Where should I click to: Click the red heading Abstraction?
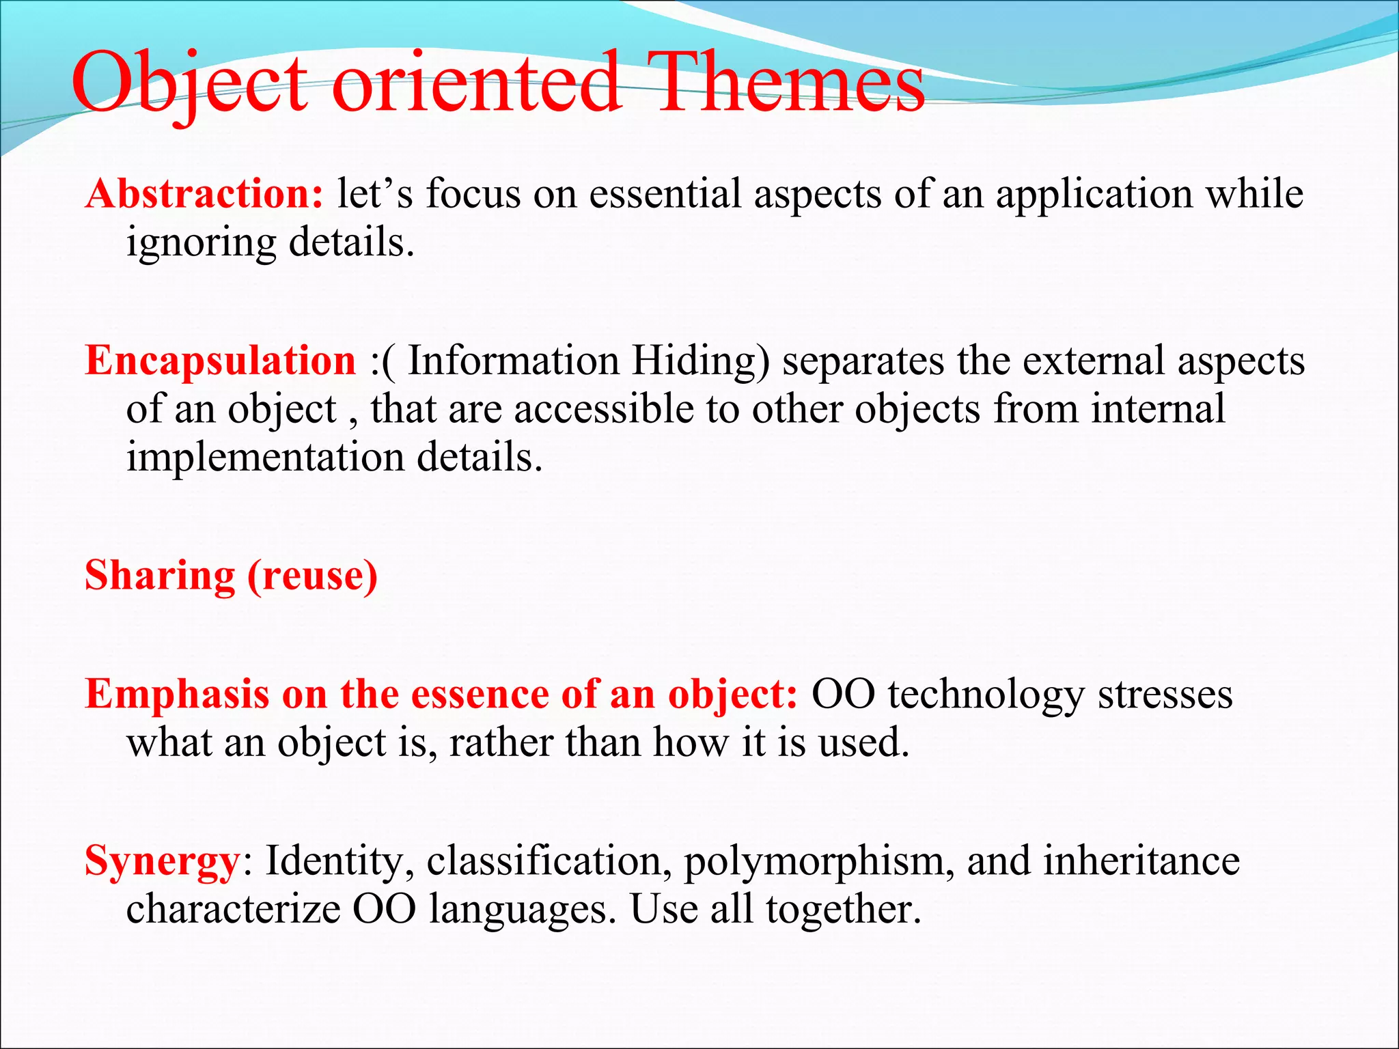pyautogui.click(x=204, y=194)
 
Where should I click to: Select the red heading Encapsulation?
pyautogui.click(x=220, y=361)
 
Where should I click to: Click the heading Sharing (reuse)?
pyautogui.click(x=231, y=575)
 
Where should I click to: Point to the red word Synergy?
pyautogui.click(x=161, y=862)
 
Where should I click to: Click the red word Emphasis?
pyautogui.click(x=177, y=695)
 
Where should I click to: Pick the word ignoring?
pyautogui.click(x=201, y=243)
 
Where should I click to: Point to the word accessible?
pyautogui.click(x=604, y=409)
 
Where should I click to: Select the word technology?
pyautogui.click(x=986, y=695)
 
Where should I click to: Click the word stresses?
pyautogui.click(x=1165, y=695)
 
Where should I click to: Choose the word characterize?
pyautogui.click(x=232, y=909)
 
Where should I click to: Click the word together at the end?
pyautogui.click(x=843, y=910)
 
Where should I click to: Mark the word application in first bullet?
pyautogui.click(x=1094, y=194)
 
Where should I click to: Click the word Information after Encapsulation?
pyautogui.click(x=513, y=361)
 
